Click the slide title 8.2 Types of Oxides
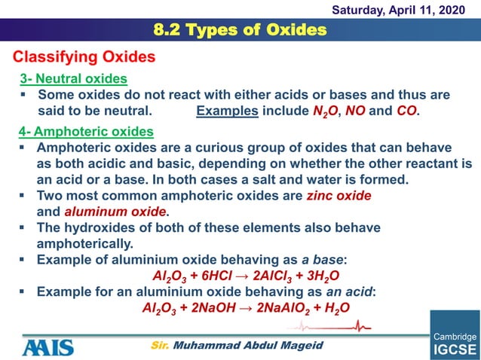240,30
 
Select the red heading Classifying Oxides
84,57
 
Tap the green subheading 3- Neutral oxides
73,79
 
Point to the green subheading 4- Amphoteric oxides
87,132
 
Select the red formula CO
406,111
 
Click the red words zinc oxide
339,195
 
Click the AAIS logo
48,346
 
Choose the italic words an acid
351,291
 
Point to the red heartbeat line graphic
332,327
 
